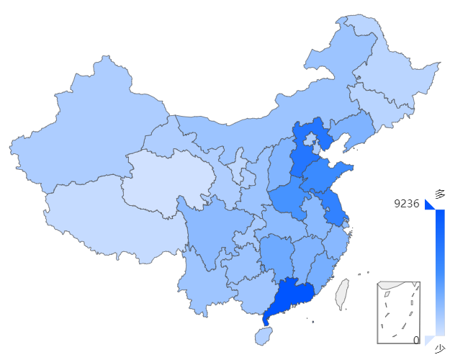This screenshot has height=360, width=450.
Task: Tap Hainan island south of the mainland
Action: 264,336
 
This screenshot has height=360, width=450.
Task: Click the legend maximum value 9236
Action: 406,204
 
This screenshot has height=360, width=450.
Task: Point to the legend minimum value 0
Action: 416,340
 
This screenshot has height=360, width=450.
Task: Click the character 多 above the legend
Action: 439,193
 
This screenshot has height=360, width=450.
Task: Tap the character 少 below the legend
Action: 439,349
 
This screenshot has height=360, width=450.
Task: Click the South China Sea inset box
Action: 398,312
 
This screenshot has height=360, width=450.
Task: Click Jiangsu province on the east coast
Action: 332,205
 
